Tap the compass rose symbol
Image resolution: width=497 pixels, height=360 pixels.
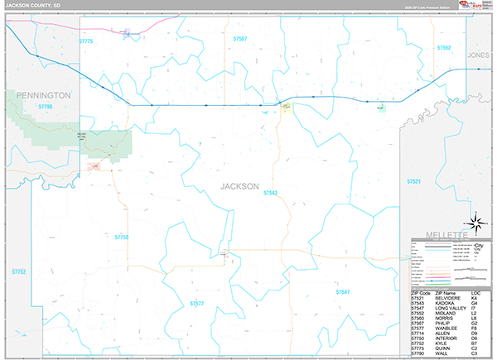476,221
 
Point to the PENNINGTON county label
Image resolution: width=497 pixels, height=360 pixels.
39,95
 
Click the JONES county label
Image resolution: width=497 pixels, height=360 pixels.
479,55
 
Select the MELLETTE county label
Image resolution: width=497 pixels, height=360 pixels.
444,235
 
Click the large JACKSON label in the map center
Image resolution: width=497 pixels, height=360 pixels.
239,185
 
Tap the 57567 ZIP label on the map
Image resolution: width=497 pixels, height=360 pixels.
240,39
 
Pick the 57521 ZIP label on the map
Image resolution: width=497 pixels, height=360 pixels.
414,180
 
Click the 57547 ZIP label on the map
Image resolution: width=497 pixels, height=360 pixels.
343,291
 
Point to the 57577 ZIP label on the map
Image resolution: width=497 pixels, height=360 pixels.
196,304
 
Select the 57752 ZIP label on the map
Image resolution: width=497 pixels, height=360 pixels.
19,271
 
